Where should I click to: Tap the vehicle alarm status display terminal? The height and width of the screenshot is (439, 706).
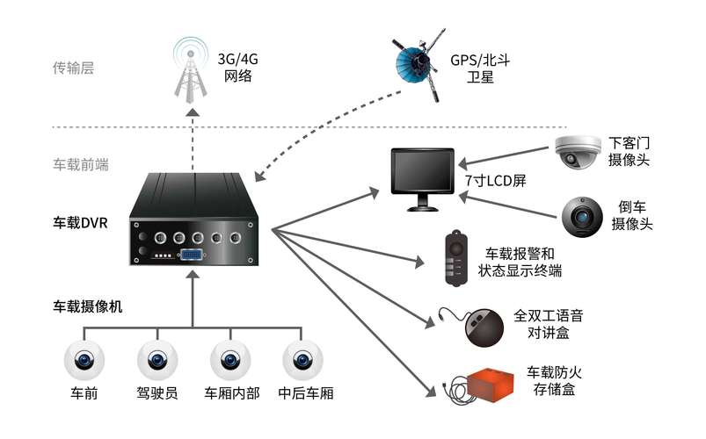pos(455,256)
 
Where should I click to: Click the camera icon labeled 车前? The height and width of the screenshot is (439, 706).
pos(84,359)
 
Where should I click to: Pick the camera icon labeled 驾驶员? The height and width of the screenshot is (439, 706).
pos(158,359)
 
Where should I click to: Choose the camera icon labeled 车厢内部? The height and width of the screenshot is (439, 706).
pos(231,359)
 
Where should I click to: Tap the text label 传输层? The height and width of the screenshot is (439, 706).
pos(73,68)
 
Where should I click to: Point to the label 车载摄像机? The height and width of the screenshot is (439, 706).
pos(87,306)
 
